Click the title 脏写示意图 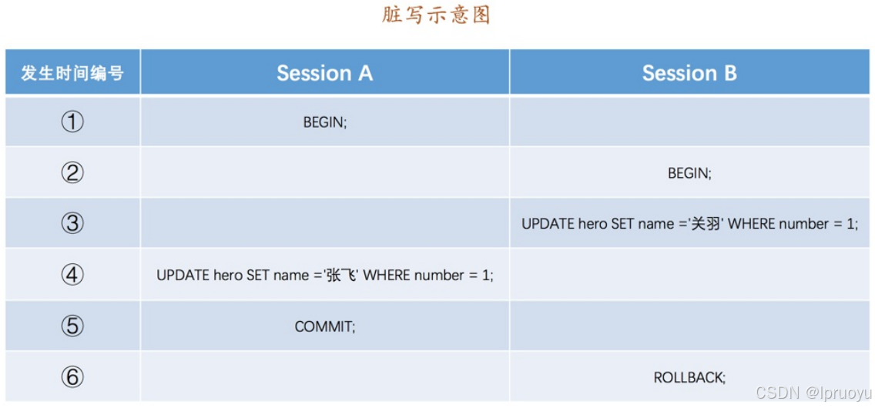[436, 15]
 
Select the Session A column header [325, 73]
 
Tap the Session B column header [689, 73]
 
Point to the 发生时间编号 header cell [72, 73]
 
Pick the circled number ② [72, 172]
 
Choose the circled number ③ [72, 223]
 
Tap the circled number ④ [72, 275]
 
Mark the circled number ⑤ [72, 326]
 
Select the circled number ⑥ [72, 377]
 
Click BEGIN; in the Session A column [325, 122]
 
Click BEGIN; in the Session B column [689, 173]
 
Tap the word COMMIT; [325, 326]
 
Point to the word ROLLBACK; [689, 378]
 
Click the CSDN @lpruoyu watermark [813, 393]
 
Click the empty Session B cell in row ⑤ [689, 326]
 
